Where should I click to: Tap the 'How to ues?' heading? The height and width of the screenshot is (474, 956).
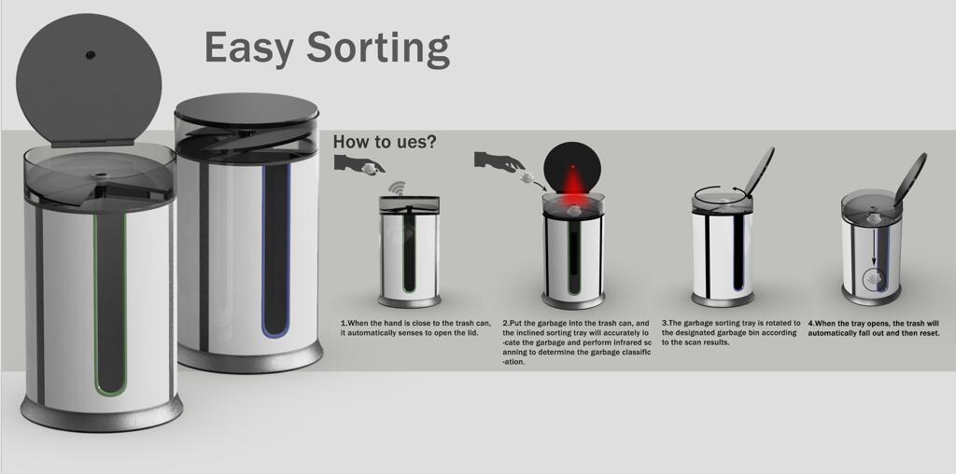[x=384, y=142]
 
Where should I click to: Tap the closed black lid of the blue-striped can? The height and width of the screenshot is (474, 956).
[x=246, y=110]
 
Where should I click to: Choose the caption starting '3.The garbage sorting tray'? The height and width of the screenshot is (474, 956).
[x=731, y=332]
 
